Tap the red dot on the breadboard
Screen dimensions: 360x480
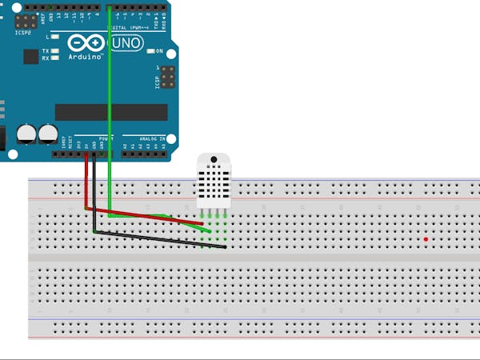coord(426,239)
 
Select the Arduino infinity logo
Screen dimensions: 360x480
coord(84,43)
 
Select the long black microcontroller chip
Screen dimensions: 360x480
coord(111,112)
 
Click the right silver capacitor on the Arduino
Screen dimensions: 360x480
coord(48,133)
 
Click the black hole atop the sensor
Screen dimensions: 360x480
coord(214,160)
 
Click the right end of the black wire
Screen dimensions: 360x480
coord(226,246)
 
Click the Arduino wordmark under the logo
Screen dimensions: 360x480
coord(85,57)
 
